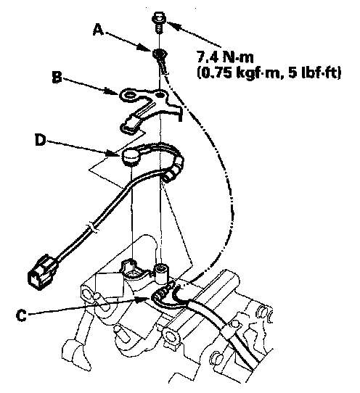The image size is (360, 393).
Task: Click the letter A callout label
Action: coord(98,30)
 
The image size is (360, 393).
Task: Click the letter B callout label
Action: coord(57,77)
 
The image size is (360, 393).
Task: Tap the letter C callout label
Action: coord(21,315)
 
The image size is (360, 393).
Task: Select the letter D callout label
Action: coord(41,140)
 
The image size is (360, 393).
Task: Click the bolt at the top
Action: coord(158,22)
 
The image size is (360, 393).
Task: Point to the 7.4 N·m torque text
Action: coord(225,57)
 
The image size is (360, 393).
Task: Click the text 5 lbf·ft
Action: coord(314,73)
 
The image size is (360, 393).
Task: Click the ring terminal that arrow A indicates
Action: coord(161,59)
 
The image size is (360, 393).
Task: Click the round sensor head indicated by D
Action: coord(131,157)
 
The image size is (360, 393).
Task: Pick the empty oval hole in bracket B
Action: coord(130,95)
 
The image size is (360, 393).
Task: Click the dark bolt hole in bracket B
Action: coord(160,95)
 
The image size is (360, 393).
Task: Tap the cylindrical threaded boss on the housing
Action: coord(160,271)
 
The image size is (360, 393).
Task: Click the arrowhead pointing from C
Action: coord(142,299)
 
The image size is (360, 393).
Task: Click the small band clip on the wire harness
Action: coord(93,228)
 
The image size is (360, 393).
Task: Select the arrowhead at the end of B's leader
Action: coord(112,92)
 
